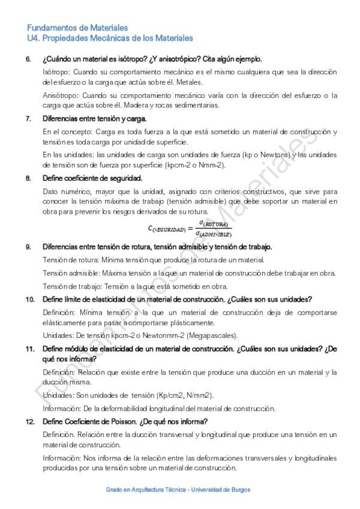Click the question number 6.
[28, 59]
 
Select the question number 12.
[29, 421]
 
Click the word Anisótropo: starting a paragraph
[61, 95]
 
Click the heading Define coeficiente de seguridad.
[92, 178]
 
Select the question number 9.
[28, 247]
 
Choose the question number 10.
[29, 299]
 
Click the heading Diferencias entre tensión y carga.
[95, 118]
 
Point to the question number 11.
[29, 349]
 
